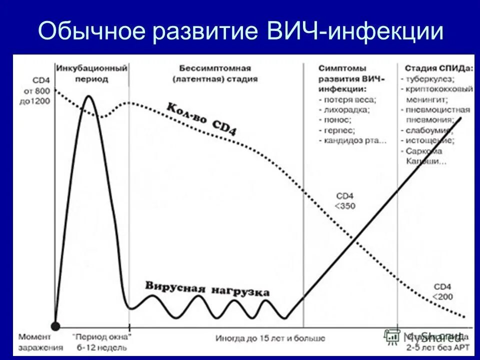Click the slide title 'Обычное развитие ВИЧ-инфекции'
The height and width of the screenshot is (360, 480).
pyautogui.click(x=240, y=30)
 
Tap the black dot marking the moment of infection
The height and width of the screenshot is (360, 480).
pyautogui.click(x=55, y=325)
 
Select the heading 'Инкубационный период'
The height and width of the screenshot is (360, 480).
pyautogui.click(x=92, y=73)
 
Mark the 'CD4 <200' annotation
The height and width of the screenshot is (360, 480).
pyautogui.click(x=442, y=291)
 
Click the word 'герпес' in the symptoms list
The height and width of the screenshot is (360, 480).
pyautogui.click(x=339, y=130)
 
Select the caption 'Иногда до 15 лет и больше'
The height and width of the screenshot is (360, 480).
pyautogui.click(x=270, y=338)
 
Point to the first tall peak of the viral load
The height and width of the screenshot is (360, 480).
pyautogui.click(x=88, y=97)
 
